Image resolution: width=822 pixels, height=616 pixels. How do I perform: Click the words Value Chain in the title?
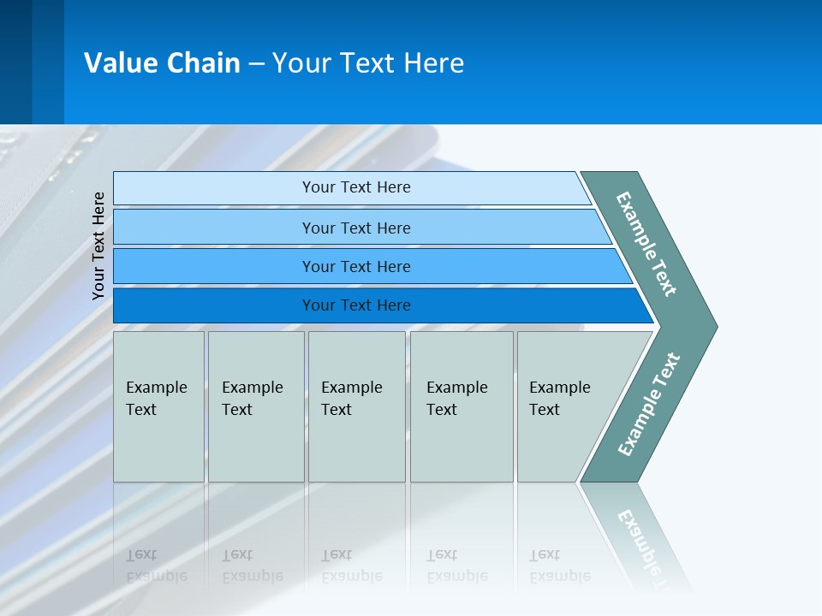click(162, 63)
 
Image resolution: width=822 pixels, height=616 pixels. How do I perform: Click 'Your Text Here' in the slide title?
click(368, 63)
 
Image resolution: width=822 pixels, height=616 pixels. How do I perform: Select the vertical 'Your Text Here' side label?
click(98, 246)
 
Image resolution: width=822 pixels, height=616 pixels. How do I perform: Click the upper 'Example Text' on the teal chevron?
click(646, 243)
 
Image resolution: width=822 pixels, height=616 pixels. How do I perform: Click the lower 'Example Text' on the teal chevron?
click(649, 404)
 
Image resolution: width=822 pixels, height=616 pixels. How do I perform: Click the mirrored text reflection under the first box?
click(156, 566)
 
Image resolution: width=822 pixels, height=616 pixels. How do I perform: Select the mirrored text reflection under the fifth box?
click(559, 566)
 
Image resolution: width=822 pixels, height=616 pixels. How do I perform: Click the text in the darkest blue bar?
click(356, 305)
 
